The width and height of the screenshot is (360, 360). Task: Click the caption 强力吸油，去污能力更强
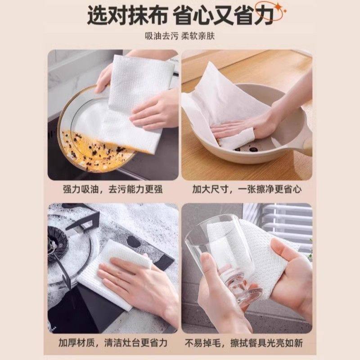pos(113,190)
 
